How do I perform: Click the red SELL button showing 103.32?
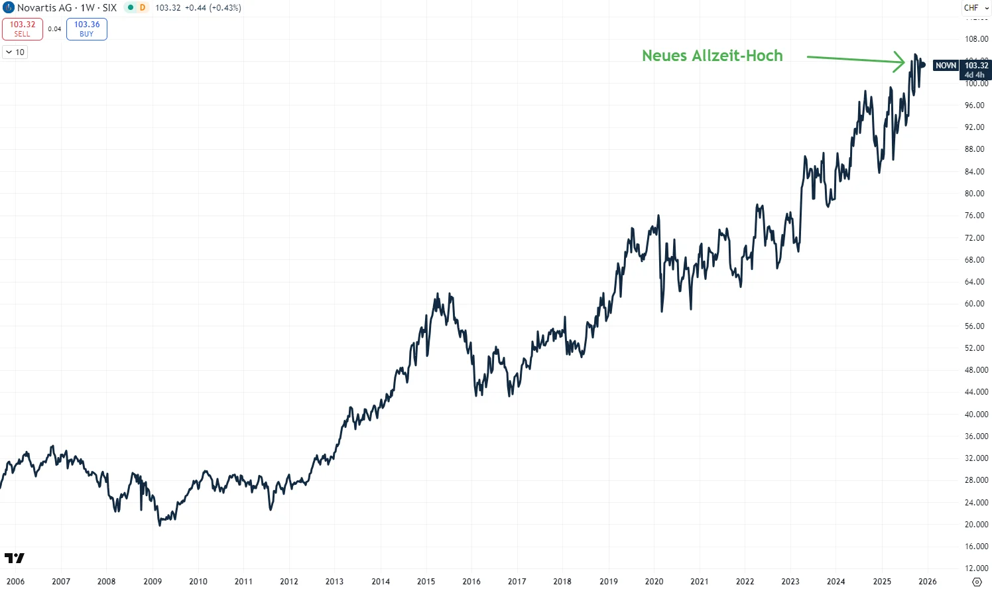(23, 29)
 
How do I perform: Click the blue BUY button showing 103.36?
(87, 29)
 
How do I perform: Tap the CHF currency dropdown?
(975, 8)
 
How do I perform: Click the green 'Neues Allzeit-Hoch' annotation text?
(712, 56)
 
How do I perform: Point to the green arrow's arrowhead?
(900, 62)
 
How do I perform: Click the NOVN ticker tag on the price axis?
(946, 66)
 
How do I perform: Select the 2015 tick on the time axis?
(426, 581)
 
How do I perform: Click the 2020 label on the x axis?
(654, 581)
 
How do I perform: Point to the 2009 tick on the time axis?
(153, 581)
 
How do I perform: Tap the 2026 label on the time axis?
(927, 581)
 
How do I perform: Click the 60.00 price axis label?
(975, 304)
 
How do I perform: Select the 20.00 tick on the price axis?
(976, 525)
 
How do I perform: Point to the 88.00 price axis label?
(975, 149)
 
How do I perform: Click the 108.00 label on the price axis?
(976, 39)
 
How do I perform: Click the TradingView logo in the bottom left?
(14, 558)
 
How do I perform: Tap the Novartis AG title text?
(44, 8)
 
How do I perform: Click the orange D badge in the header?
(142, 8)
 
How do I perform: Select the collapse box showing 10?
(15, 52)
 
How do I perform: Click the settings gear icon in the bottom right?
(976, 582)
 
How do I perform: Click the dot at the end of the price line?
(922, 65)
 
